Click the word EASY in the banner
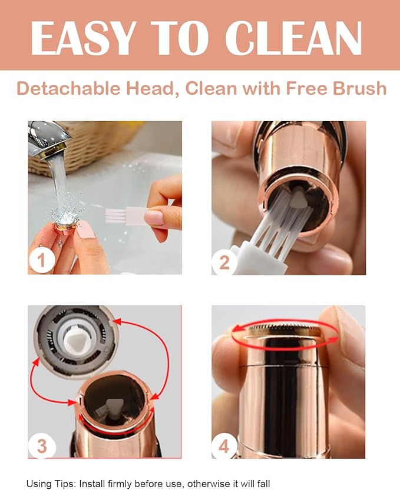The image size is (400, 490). [83, 38]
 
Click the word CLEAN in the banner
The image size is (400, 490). [293, 38]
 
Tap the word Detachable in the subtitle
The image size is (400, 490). [68, 88]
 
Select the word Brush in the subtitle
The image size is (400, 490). [359, 88]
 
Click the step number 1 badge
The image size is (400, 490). [41, 261]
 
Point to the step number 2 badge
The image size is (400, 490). [224, 262]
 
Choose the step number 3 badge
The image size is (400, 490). [42, 446]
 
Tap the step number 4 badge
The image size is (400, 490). [224, 446]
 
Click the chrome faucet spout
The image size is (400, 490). [48, 138]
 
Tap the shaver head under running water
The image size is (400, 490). [67, 226]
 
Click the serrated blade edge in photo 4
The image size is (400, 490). [284, 327]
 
